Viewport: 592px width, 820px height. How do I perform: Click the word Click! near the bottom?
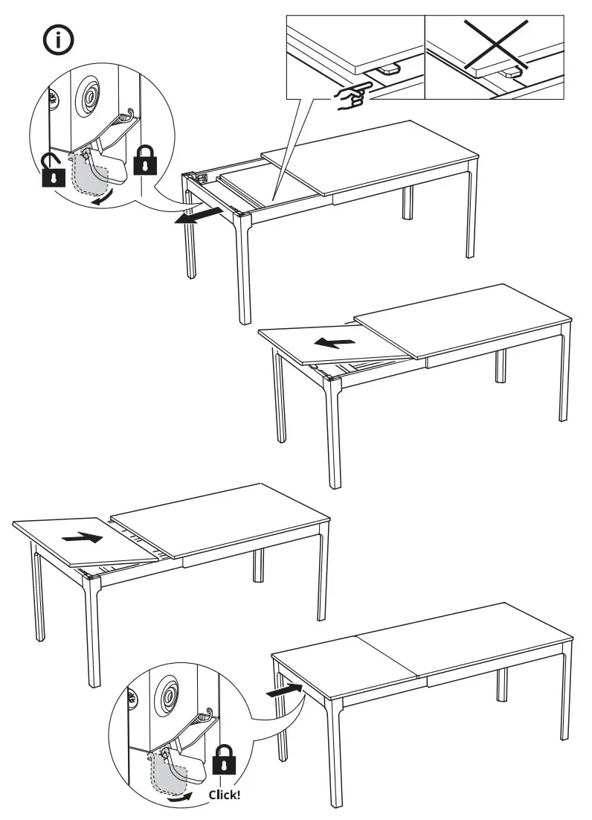(224, 794)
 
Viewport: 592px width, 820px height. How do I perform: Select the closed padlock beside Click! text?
(224, 762)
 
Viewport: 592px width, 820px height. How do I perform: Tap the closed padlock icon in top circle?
(145, 160)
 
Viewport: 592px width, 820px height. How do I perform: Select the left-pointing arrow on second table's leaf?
(332, 343)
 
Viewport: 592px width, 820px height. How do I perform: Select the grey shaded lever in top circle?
(91, 175)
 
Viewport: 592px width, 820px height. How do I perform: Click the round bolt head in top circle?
(90, 96)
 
